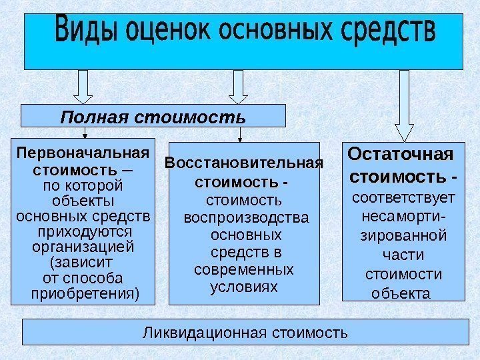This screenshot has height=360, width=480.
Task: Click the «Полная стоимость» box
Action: (153, 116)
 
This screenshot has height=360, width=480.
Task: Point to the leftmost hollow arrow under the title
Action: (85, 86)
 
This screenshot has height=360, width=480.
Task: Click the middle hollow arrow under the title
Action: (239, 86)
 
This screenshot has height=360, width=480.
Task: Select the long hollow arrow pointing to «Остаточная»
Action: (404, 103)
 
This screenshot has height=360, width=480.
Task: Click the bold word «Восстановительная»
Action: (243, 163)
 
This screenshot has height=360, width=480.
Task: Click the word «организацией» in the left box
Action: (83, 247)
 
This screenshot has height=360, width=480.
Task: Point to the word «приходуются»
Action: (83, 231)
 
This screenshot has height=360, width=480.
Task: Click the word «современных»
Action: (243, 271)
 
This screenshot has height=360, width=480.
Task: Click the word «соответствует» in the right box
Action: (403, 197)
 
